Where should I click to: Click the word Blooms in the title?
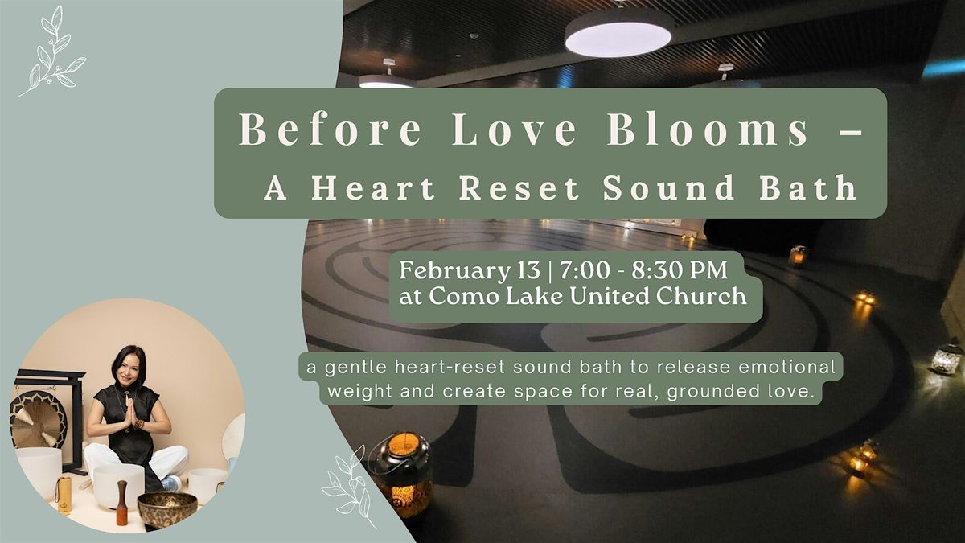coord(708,129)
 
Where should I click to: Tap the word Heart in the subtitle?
coord(373,187)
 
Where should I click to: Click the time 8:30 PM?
coord(680,270)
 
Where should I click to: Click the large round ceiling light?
coord(618,34)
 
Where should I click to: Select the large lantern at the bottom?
coord(402,474)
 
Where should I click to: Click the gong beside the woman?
coord(38,419)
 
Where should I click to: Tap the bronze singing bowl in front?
coord(167,509)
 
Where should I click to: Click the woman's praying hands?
coord(130,412)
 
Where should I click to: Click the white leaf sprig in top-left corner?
coord(52,51)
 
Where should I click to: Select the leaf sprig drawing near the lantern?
coord(349,487)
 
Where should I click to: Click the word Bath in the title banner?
coord(807,187)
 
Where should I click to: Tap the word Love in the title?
coord(514,129)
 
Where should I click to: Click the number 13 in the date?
coord(527,270)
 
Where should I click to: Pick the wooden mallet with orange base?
coord(122,503)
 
